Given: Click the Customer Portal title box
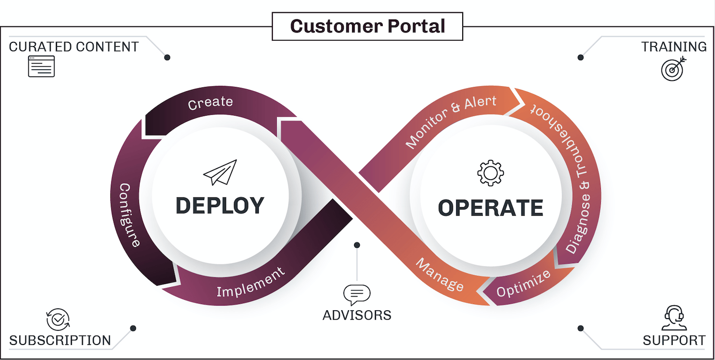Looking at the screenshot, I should click(x=367, y=26).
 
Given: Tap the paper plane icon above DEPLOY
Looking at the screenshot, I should click(x=220, y=172).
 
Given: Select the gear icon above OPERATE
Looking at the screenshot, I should click(x=490, y=172).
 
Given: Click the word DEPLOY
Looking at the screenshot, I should click(x=220, y=206).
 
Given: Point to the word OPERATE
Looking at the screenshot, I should click(x=490, y=208).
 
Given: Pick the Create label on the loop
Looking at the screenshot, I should click(x=210, y=102).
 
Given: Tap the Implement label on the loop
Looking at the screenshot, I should click(x=250, y=282).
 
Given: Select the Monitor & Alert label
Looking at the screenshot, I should click(x=451, y=122).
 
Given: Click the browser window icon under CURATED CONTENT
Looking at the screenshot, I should click(x=41, y=66).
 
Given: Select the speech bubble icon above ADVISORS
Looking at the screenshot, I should click(x=357, y=295).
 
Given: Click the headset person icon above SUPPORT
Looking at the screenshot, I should click(x=674, y=318).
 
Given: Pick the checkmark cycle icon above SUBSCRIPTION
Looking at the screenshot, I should click(x=58, y=320).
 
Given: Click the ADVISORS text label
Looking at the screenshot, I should click(x=357, y=315).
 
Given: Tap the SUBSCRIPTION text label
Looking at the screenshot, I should click(x=60, y=340).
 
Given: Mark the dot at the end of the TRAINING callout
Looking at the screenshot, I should click(x=581, y=57).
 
